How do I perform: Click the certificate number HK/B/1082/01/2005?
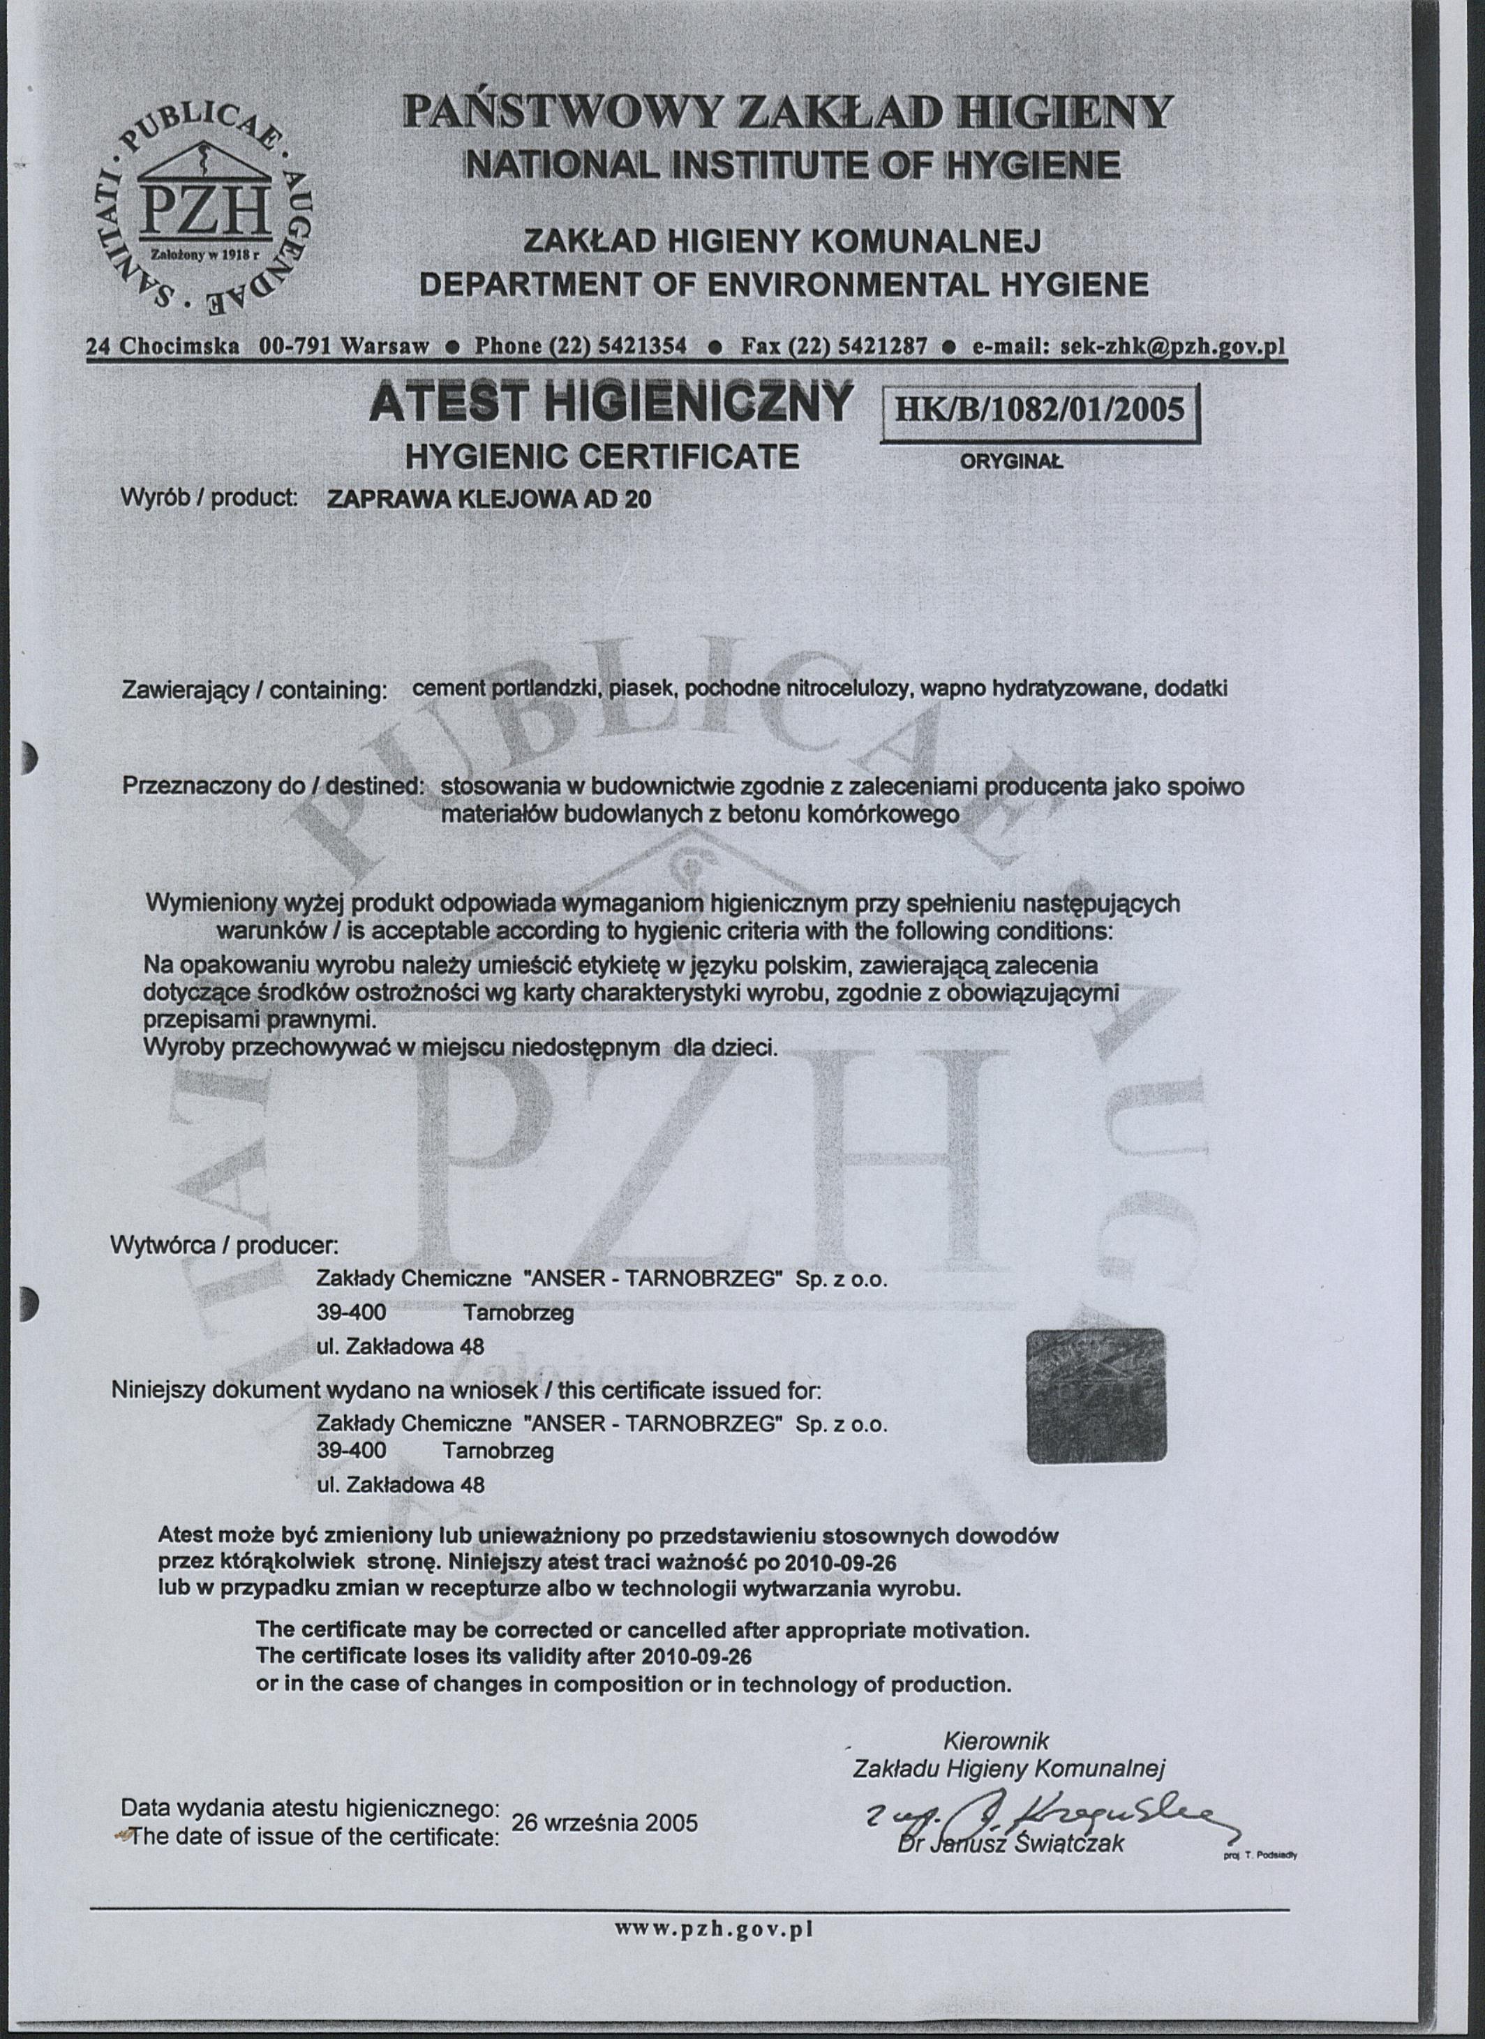[1040, 410]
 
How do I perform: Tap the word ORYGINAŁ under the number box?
[1011, 461]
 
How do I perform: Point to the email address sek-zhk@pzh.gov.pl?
[1173, 346]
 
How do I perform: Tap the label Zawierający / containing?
[253, 692]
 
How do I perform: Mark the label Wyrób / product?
[209, 497]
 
